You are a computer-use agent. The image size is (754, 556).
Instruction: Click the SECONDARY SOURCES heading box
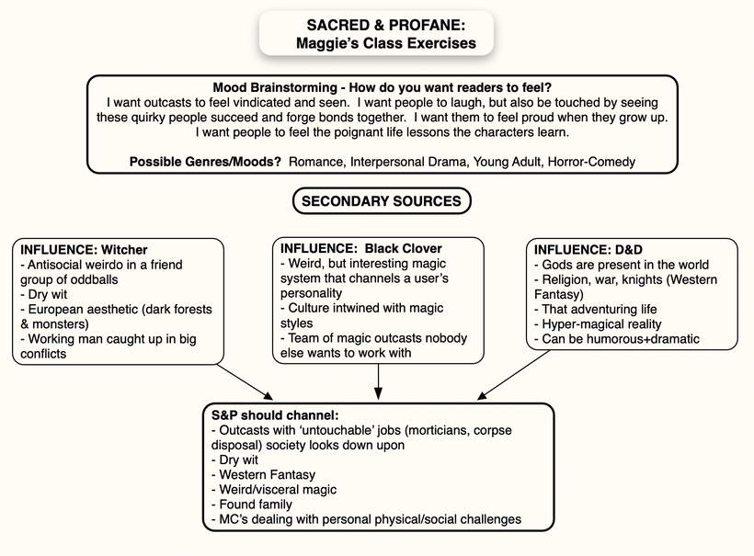tap(382, 201)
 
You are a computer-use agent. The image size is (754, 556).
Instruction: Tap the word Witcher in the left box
tap(125, 250)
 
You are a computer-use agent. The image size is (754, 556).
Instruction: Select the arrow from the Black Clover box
tap(379, 379)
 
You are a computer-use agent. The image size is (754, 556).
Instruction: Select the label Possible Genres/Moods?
tap(205, 162)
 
